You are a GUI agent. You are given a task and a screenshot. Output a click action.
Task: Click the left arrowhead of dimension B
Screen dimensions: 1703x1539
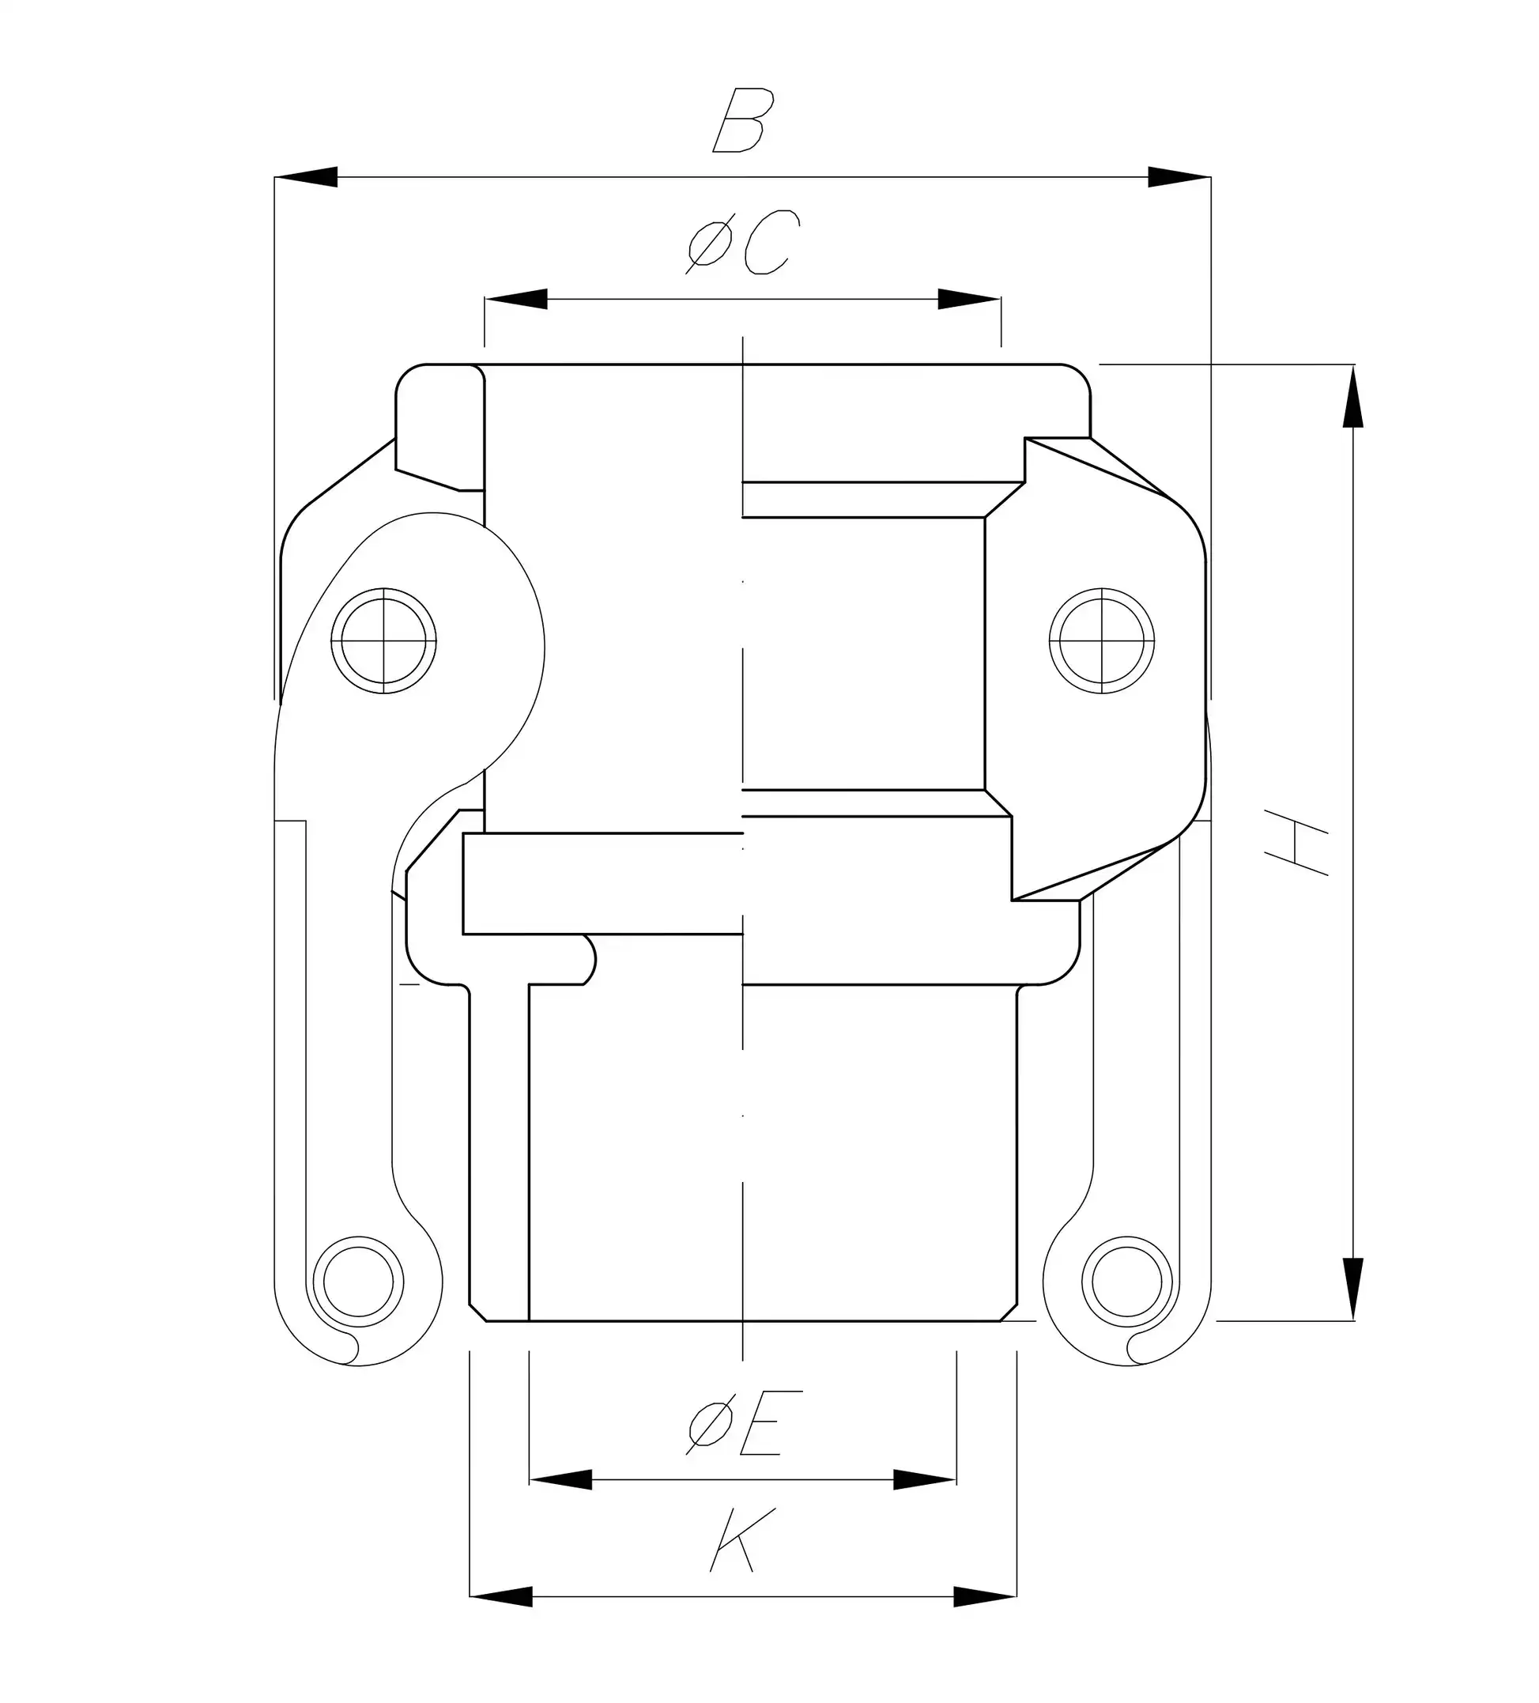tap(306, 177)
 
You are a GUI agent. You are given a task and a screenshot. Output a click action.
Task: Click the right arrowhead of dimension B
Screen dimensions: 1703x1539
tap(1179, 177)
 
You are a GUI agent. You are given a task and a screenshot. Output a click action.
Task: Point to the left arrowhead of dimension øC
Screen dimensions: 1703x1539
tap(515, 299)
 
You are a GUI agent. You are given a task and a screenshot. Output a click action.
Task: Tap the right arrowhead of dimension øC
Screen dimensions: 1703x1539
tap(970, 299)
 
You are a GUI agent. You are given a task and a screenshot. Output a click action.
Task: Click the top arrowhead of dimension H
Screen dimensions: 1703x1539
tap(1352, 397)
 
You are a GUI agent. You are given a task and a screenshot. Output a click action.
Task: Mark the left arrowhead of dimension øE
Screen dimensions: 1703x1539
tap(560, 1480)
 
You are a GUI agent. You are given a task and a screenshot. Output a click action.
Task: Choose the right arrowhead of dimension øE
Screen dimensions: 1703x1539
tap(925, 1480)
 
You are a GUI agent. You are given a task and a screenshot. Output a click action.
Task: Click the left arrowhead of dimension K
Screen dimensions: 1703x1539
tap(500, 1596)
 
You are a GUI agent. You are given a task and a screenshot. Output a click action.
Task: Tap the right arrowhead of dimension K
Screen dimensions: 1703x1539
tap(985, 1596)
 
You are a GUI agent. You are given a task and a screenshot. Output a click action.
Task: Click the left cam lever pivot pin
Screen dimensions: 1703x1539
tap(383, 641)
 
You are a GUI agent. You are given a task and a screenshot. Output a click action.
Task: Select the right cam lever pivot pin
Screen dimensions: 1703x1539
tap(1101, 641)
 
